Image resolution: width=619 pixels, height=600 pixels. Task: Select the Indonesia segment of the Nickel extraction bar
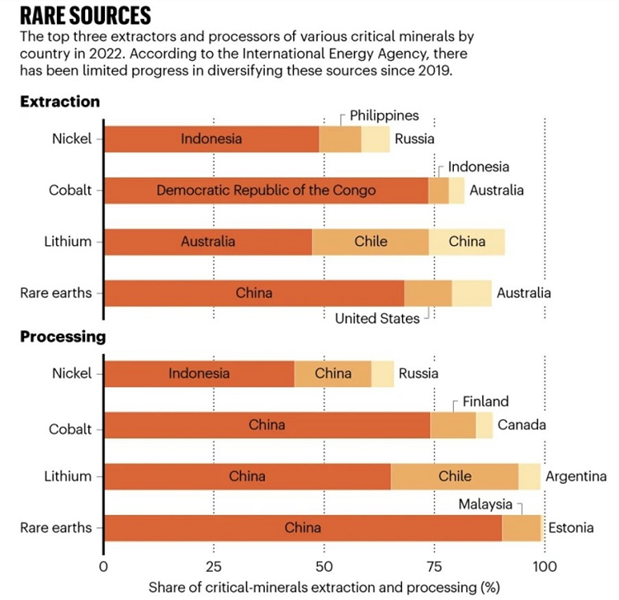tap(211, 139)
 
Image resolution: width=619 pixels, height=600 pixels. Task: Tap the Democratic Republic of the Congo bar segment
tap(266, 191)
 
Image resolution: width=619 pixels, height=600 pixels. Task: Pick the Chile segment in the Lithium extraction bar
tap(371, 242)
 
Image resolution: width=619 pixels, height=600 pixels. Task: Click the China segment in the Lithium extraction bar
tap(467, 242)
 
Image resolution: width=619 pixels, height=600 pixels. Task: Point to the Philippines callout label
tap(384, 116)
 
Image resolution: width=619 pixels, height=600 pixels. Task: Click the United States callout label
tap(377, 318)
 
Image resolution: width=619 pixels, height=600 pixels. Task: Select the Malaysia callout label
tap(486, 504)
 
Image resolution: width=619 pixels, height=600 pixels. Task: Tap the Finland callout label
tap(485, 402)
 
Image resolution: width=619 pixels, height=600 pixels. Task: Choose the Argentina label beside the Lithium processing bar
tap(575, 476)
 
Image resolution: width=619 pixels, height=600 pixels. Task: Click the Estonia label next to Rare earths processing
tap(572, 527)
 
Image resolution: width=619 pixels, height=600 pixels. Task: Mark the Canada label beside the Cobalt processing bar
tap(522, 425)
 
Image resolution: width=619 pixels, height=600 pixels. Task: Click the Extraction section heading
tap(60, 102)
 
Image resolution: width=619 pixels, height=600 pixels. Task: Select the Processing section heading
tap(63, 337)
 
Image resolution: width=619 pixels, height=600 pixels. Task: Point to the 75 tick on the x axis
tap(433, 567)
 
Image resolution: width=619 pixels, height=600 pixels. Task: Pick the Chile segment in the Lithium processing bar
tap(455, 476)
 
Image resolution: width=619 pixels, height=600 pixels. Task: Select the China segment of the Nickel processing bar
tap(333, 374)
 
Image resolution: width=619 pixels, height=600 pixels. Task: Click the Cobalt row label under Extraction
tap(72, 191)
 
